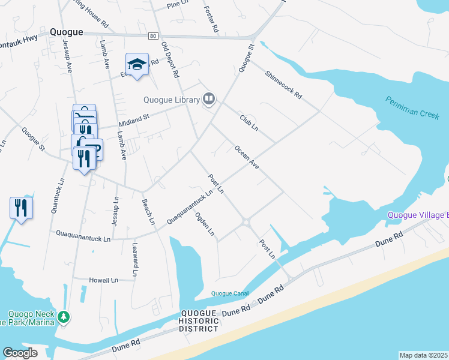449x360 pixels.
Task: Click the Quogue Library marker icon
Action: (x=209, y=98)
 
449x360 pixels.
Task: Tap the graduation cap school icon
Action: (x=137, y=64)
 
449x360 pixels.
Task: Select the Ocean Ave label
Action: (x=247, y=157)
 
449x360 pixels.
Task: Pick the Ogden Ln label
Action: (x=205, y=224)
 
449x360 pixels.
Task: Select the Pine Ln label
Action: (x=178, y=5)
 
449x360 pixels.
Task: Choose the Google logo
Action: (x=20, y=353)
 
